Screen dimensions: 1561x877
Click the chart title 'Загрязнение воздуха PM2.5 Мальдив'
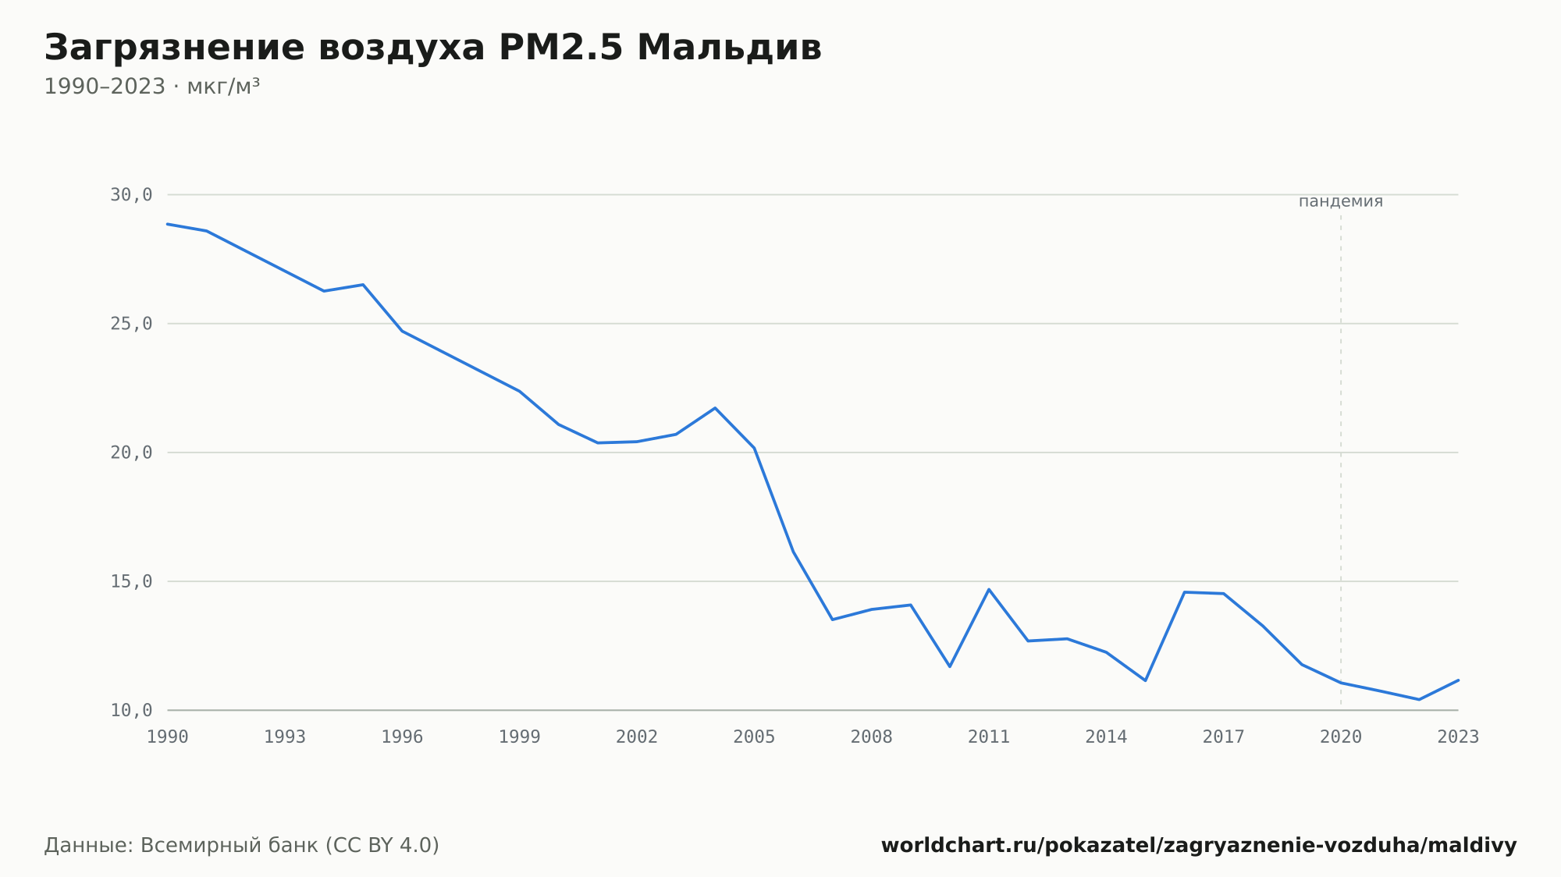[433, 48]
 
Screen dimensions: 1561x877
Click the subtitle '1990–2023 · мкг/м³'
[152, 87]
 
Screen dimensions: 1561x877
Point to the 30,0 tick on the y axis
[131, 195]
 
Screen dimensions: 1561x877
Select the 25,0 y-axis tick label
[131, 324]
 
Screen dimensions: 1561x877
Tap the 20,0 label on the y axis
[131, 453]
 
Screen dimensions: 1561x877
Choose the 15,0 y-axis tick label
[131, 581]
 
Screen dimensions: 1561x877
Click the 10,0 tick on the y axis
[131, 710]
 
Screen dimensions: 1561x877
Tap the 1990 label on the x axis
[168, 737]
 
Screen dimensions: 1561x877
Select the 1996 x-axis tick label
[402, 737]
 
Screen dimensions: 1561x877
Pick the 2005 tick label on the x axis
[754, 737]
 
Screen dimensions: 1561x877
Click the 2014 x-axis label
[1106, 737]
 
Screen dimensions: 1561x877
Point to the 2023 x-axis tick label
[1458, 737]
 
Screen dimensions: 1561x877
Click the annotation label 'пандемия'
[1341, 201]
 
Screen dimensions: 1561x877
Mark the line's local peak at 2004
[715, 408]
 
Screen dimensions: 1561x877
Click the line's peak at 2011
[989, 589]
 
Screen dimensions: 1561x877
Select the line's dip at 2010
[950, 666]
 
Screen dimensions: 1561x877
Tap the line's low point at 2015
[1145, 680]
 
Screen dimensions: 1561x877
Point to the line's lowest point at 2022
[1419, 699]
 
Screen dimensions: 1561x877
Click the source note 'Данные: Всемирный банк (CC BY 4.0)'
[242, 846]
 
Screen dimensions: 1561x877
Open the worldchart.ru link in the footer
[1199, 846]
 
